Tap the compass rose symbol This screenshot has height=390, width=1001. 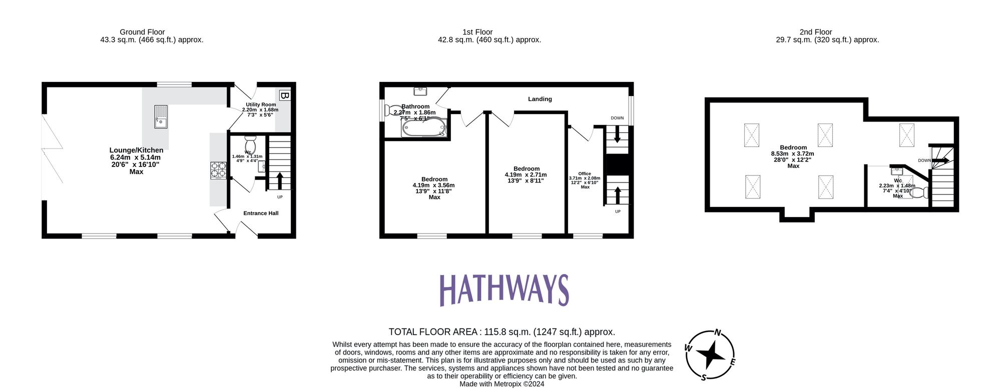[x=710, y=355]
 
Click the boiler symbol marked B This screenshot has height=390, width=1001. [x=284, y=95]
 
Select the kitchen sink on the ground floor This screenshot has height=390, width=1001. [x=161, y=116]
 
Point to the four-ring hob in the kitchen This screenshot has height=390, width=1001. [x=218, y=170]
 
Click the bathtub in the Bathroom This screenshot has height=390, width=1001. [x=423, y=127]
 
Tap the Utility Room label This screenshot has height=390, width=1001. [x=261, y=104]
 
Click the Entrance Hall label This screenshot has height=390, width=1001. [x=261, y=213]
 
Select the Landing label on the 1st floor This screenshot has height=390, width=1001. [x=540, y=99]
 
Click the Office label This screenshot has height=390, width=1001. [x=585, y=173]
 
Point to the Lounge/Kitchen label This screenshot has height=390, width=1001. [x=136, y=150]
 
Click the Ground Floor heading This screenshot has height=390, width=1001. [x=142, y=32]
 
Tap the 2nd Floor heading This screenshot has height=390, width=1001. [x=816, y=32]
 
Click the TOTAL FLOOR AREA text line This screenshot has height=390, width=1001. [x=502, y=332]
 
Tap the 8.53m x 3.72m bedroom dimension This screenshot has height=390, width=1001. [x=793, y=154]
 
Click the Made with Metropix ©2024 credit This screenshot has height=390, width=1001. [x=502, y=384]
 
